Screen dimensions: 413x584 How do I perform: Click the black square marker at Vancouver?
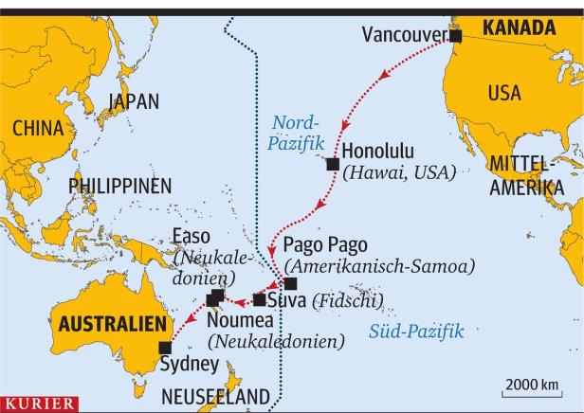(x=455, y=36)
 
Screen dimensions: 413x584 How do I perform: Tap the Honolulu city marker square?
(x=333, y=164)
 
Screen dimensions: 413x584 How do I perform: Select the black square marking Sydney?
(x=166, y=347)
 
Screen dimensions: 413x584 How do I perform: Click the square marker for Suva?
(x=259, y=300)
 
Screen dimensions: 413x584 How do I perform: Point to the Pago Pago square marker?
(x=290, y=283)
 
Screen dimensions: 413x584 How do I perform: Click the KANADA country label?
(x=518, y=29)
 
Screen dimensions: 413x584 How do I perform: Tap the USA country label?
(x=504, y=93)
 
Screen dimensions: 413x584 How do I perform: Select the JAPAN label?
(x=134, y=101)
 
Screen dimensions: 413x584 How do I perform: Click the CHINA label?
(x=38, y=129)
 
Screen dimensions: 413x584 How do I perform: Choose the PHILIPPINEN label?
(x=119, y=186)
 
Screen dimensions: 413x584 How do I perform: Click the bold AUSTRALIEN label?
(x=106, y=324)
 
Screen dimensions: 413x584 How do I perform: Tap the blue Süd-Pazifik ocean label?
(x=415, y=332)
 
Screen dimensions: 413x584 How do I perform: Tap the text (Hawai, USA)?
(x=400, y=172)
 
